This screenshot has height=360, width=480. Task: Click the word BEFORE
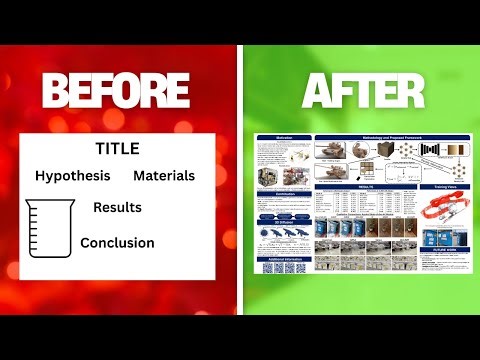(118, 91)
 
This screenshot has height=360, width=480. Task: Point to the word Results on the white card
(117, 208)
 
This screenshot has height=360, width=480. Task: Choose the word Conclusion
(117, 242)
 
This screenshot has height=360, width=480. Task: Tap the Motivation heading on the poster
(284, 138)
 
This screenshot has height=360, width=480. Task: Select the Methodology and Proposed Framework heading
(367, 138)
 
